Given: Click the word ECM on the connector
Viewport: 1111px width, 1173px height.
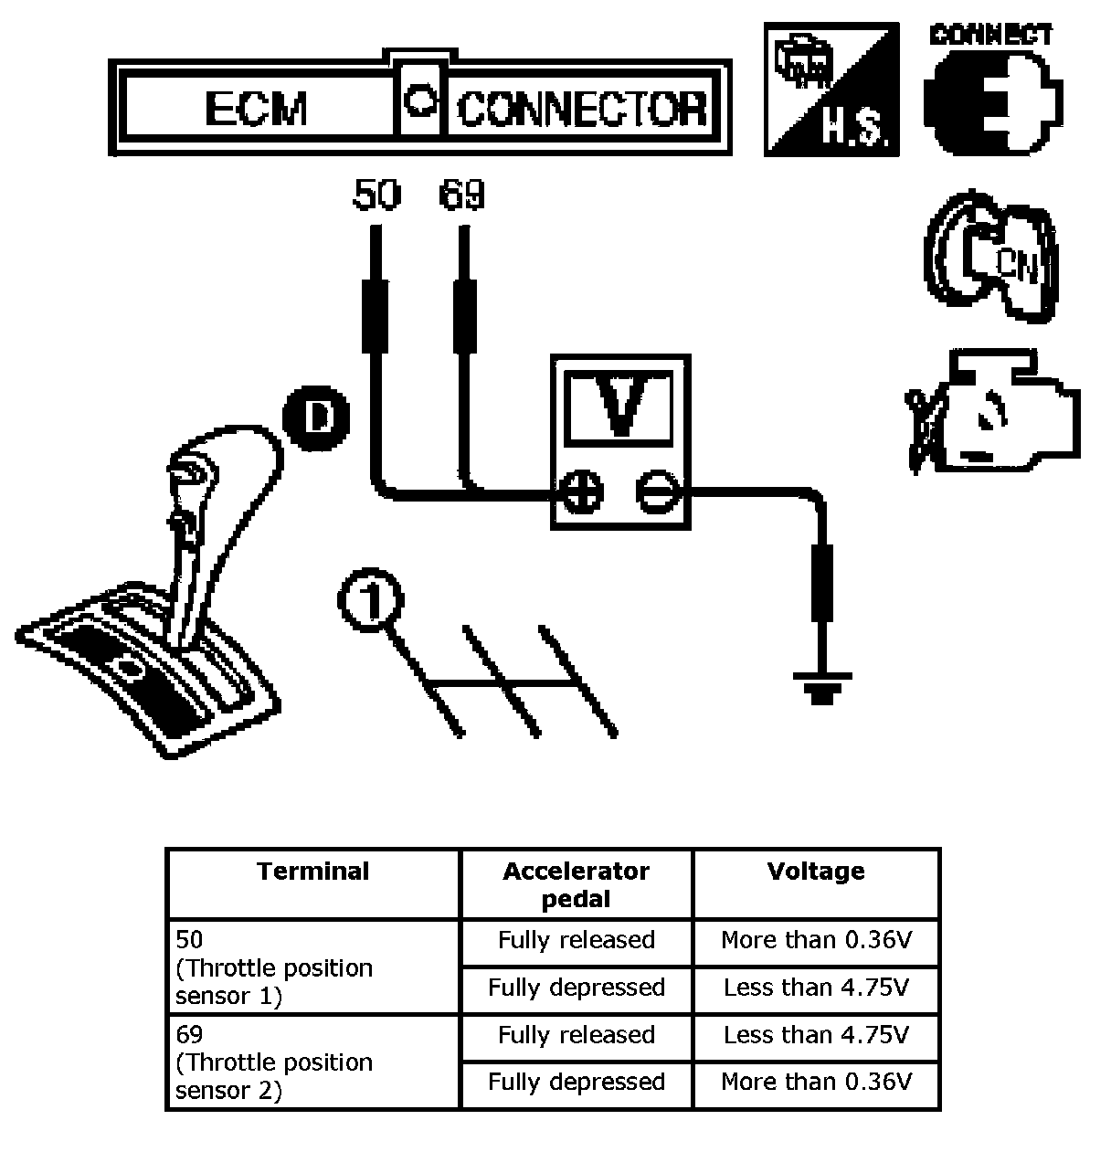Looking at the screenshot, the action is pyautogui.click(x=256, y=109).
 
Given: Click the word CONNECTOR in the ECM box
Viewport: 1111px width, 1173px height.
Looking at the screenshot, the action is pyautogui.click(x=582, y=110).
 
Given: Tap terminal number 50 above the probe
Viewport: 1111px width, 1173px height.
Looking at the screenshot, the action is pyautogui.click(x=376, y=195).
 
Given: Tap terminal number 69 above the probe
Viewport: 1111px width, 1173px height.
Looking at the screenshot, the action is pyautogui.click(x=461, y=195).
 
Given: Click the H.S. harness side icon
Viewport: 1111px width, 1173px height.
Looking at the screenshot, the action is pyautogui.click(x=831, y=90).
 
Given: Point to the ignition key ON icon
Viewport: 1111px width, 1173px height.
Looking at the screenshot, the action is pyautogui.click(x=990, y=257).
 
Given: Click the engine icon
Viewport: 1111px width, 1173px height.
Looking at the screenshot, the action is pyautogui.click(x=993, y=412).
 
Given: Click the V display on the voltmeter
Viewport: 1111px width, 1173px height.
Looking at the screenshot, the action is pyautogui.click(x=619, y=408).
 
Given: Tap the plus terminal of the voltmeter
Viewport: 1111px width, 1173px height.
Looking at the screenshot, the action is pyautogui.click(x=582, y=491).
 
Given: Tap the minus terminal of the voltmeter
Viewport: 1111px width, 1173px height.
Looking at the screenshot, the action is pyautogui.click(x=658, y=491).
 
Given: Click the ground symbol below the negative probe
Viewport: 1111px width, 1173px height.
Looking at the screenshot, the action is pyautogui.click(x=822, y=688).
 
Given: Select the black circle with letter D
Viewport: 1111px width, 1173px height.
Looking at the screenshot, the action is pyautogui.click(x=315, y=418).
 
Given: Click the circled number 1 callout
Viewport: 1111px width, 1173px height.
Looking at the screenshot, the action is pyautogui.click(x=371, y=599).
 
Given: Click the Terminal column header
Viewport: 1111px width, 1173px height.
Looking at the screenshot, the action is pyautogui.click(x=313, y=872).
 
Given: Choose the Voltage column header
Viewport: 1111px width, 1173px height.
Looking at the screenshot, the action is pyautogui.click(x=816, y=872).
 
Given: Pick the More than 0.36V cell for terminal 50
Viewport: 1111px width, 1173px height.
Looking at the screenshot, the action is pyautogui.click(x=816, y=940).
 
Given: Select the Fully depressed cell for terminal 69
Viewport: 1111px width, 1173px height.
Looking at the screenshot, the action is pyautogui.click(x=577, y=1082).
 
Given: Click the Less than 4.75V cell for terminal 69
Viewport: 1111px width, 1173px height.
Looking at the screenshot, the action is pyautogui.click(x=816, y=1034).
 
